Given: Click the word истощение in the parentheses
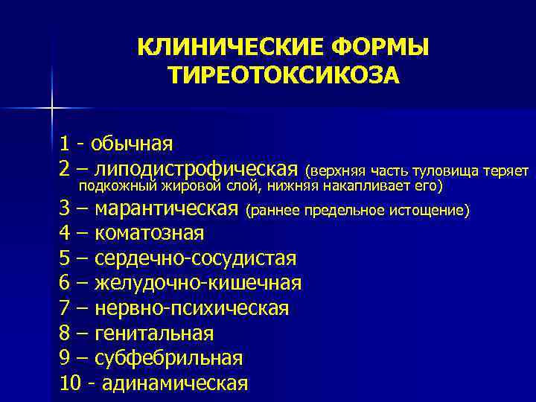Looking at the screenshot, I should coord(432,211).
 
